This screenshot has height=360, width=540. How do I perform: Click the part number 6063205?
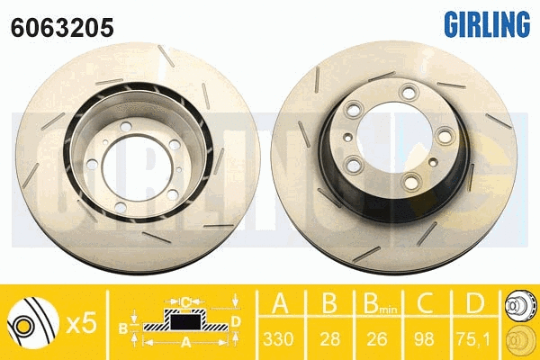pos(62,28)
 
